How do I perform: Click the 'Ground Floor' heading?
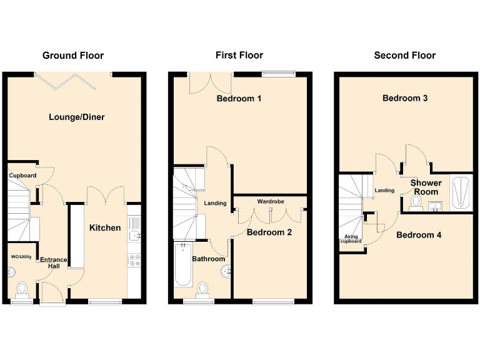click(73, 56)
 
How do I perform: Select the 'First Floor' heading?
click(239, 56)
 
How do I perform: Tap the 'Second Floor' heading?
click(404, 56)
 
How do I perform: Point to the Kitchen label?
click(105, 227)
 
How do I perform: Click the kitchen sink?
click(134, 236)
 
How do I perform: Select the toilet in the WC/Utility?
click(22, 289)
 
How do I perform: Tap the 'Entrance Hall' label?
click(54, 262)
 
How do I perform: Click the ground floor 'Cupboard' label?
click(22, 176)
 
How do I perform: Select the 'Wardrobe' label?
click(270, 202)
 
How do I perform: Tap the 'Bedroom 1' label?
click(239, 99)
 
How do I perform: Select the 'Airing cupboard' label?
click(352, 239)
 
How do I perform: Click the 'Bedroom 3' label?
click(405, 98)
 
